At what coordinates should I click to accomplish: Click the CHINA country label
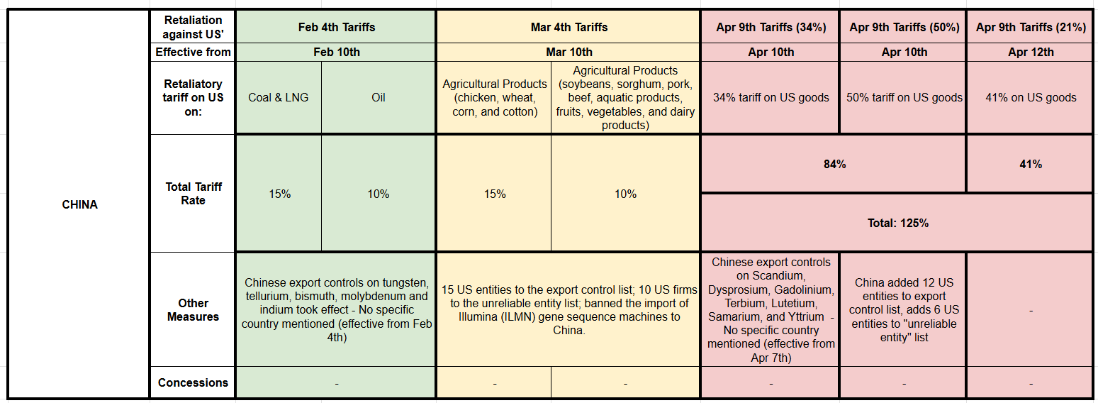coord(79,204)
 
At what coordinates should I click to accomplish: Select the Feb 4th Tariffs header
coord(336,27)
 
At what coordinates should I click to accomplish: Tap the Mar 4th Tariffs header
coord(568,27)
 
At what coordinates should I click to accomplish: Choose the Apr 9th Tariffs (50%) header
coord(904,27)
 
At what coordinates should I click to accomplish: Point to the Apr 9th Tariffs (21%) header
coord(1031,27)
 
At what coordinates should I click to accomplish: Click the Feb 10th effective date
coord(336,52)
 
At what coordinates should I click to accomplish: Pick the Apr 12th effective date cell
coord(1031,52)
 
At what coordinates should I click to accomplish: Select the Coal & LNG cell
coord(279,97)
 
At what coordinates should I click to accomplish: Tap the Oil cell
coord(379,97)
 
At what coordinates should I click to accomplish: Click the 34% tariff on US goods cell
coord(771,97)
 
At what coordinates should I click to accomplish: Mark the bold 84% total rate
coord(834,164)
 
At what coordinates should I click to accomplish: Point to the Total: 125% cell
coord(897,223)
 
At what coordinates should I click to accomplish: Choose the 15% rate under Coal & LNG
coord(279,194)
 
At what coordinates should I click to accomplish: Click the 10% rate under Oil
coord(379,194)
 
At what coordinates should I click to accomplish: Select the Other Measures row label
coord(193,310)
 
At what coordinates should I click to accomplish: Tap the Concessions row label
coord(193,382)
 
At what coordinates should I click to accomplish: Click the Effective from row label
coord(193,52)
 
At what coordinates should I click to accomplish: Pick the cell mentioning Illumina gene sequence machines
coord(568,310)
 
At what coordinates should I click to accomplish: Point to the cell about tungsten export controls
coord(336,310)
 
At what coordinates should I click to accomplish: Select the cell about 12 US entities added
coord(904,310)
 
